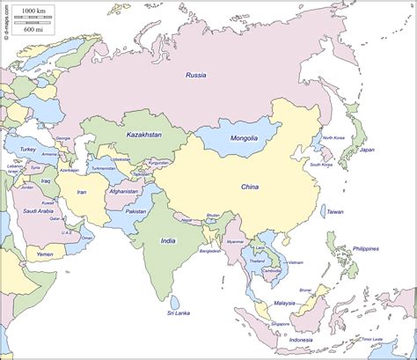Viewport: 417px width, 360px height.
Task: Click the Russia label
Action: pyautogui.click(x=196, y=76)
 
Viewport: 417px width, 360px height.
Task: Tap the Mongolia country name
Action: pyautogui.click(x=244, y=138)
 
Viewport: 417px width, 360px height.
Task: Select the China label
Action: pyautogui.click(x=251, y=187)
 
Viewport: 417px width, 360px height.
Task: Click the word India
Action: pyautogui.click(x=168, y=240)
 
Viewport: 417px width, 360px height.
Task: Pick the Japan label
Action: pyautogui.click(x=367, y=150)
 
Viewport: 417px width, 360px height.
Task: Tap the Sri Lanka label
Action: pyautogui.click(x=180, y=312)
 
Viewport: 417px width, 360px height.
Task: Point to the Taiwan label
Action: pyautogui.click(x=335, y=212)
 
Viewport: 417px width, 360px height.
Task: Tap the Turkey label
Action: pyautogui.click(x=26, y=150)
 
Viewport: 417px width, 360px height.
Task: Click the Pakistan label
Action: pyautogui.click(x=136, y=211)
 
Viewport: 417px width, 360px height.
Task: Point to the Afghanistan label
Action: pyautogui.click(x=124, y=191)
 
